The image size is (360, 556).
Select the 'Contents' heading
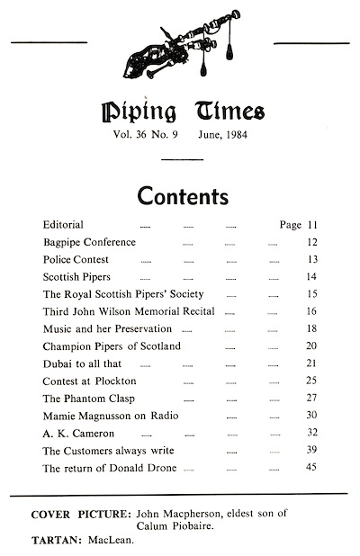(183, 196)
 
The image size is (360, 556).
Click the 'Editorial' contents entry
(63, 224)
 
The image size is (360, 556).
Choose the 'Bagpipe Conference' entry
(89, 242)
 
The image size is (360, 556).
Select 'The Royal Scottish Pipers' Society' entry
(123, 293)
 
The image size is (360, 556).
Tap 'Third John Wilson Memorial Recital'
(129, 310)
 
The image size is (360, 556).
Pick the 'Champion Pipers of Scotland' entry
(112, 345)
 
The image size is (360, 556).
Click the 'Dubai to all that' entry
(82, 363)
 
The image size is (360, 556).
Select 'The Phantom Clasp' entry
(86, 398)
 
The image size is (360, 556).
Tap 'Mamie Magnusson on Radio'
(108, 416)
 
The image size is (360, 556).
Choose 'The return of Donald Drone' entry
(108, 468)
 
